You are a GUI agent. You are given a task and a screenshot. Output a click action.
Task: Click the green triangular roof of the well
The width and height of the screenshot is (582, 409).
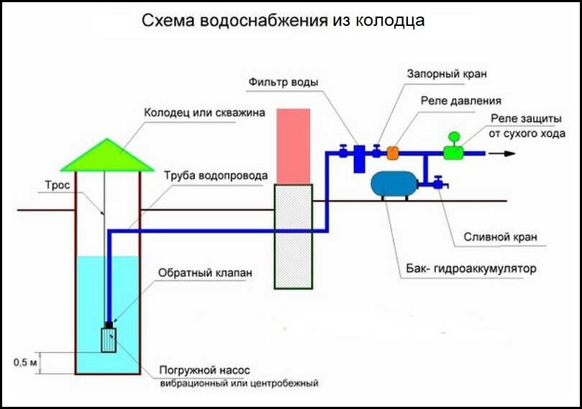pos(107,158)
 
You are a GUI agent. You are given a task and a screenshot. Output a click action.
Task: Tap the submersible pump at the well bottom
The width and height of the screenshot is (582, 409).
pos(109,340)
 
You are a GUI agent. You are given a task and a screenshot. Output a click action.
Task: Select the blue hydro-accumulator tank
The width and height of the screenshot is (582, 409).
pos(394,184)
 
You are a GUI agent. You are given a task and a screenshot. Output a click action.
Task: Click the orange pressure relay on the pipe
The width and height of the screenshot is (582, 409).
pos(393,153)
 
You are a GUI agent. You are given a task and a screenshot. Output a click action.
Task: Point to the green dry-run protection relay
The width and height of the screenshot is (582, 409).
pos(453,147)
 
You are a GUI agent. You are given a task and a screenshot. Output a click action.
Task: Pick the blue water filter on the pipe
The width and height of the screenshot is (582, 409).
pos(359,159)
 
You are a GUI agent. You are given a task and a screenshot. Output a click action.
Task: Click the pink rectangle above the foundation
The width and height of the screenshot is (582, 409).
pos(294,146)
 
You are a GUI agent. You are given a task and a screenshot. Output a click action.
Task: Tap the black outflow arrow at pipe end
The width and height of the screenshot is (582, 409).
pos(502,153)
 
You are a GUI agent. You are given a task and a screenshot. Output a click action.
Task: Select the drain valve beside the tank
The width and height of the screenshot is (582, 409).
pos(439,183)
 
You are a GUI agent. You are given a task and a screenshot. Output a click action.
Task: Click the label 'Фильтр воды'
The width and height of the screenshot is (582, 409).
pos(283,82)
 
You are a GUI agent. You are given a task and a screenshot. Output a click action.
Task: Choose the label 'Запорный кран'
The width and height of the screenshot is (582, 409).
pos(447,73)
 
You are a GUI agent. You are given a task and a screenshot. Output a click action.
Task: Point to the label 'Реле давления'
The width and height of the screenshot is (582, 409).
pos(461,101)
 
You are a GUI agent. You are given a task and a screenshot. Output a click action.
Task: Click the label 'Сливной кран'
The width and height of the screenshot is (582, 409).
pos(500,237)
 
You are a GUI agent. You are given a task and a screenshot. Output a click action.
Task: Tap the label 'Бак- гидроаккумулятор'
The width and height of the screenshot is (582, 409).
pos(471,268)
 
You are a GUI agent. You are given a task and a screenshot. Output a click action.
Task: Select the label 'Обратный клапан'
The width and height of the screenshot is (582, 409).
pos(205,273)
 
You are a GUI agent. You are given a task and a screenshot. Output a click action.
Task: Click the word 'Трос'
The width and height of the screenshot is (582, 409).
pos(58,185)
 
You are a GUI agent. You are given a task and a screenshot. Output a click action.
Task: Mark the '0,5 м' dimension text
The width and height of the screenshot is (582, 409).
pos(26,361)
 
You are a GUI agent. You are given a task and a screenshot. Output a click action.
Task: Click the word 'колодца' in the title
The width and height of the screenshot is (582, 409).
pos(390,20)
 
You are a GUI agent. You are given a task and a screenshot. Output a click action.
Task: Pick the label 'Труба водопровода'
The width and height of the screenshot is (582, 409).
pos(216,176)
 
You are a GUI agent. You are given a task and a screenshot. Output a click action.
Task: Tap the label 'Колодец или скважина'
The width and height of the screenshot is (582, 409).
pos(204,112)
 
